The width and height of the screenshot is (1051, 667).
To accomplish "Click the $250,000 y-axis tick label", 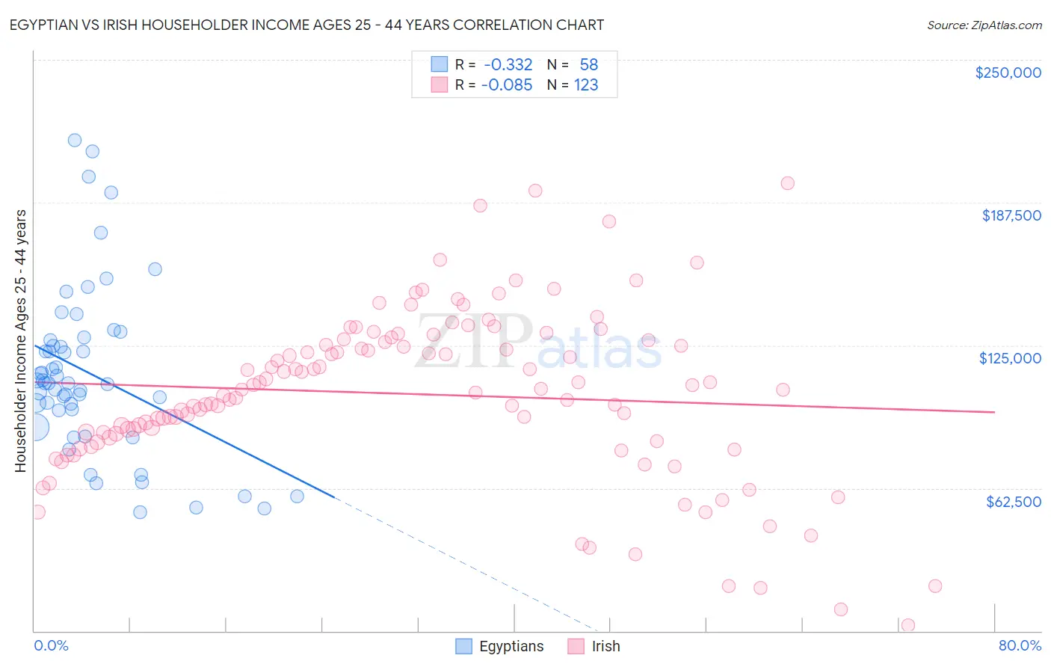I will tap(1008, 73).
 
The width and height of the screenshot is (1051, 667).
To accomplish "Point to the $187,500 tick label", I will tap(1011, 215).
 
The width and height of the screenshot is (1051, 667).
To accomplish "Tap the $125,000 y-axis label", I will tap(1010, 358).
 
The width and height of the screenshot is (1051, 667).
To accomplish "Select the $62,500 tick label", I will tap(1013, 502).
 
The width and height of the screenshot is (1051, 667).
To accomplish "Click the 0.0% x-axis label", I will tap(51, 645).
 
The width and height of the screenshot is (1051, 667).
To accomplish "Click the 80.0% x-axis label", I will tap(1020, 645).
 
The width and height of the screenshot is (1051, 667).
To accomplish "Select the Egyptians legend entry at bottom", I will tap(500, 646).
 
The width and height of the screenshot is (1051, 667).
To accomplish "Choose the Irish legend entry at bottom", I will tap(594, 646).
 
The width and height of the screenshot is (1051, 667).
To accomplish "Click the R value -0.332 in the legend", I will tap(508, 65).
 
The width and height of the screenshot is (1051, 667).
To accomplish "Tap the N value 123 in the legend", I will tap(586, 85).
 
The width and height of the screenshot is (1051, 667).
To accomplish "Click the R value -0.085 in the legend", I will tap(508, 85).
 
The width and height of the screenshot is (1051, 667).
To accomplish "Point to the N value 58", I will tap(588, 65).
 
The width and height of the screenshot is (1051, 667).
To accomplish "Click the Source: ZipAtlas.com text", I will tap(984, 25).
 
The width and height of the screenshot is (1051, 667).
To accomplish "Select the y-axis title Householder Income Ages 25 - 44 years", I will tap(21, 340).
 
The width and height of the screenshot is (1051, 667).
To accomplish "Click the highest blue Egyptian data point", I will tap(75, 140).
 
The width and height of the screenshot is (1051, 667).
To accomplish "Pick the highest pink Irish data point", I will tap(787, 183).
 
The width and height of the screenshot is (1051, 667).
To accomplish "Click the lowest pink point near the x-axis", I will tap(908, 625).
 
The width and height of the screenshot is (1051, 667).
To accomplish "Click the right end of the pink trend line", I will tap(994, 412).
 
